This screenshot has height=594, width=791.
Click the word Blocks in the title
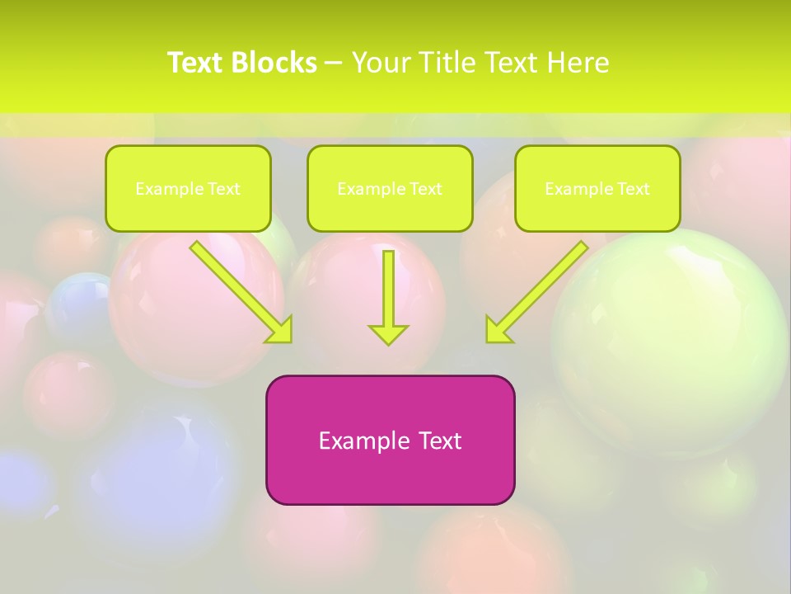pyautogui.click(x=275, y=63)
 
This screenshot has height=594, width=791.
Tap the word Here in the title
pyautogui.click(x=578, y=63)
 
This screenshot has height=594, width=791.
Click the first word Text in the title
pyautogui.click(x=197, y=63)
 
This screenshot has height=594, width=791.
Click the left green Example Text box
pyautogui.click(x=188, y=188)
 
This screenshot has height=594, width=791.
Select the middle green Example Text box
pyautogui.click(x=390, y=188)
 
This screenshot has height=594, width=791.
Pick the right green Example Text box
pyautogui.click(x=597, y=188)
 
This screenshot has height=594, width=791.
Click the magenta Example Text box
pyautogui.click(x=390, y=474)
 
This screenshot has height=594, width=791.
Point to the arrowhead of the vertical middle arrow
pyautogui.click(x=388, y=334)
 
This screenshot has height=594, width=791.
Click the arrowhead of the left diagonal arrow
pyautogui.click(x=280, y=329)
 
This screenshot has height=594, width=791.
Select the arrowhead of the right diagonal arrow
pyautogui.click(x=498, y=329)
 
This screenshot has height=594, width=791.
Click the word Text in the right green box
pyautogui.click(x=633, y=189)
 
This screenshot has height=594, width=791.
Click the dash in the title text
pyautogui.click(x=334, y=64)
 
